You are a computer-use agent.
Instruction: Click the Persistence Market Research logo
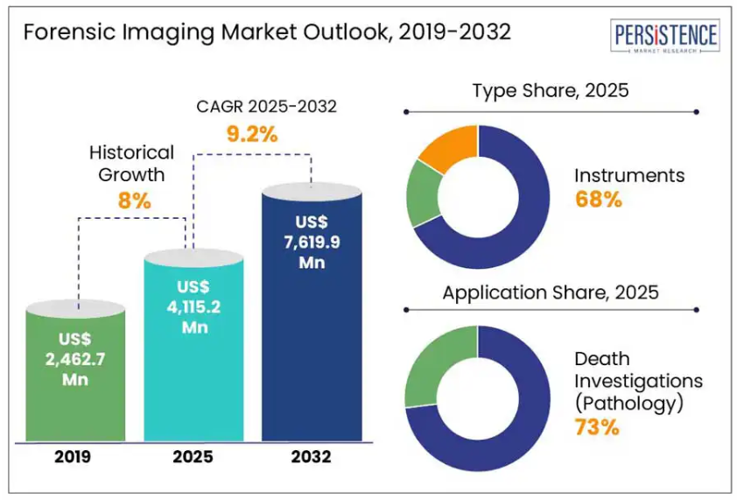click(x=664, y=36)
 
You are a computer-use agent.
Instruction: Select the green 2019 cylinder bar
click(x=75, y=370)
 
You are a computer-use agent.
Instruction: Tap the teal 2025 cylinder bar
click(x=193, y=345)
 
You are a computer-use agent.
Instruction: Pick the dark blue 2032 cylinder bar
click(x=312, y=312)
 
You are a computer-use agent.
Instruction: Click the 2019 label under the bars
click(x=73, y=457)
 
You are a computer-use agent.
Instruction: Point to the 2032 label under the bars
click(x=311, y=457)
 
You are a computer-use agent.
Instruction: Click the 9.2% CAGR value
click(x=252, y=134)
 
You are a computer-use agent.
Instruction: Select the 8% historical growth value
click(x=134, y=201)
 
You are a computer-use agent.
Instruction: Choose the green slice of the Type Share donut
click(x=423, y=194)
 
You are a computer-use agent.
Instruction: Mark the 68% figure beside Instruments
click(x=599, y=200)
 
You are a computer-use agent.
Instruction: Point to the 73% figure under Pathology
click(x=597, y=427)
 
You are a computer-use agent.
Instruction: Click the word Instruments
click(x=629, y=176)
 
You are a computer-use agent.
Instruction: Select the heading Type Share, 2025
click(x=551, y=90)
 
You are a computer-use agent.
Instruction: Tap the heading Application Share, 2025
click(x=551, y=292)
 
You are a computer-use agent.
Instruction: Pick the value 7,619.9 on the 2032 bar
click(x=312, y=243)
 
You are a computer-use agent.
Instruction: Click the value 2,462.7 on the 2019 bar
click(x=75, y=359)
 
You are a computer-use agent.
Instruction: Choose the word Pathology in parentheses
click(x=629, y=403)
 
